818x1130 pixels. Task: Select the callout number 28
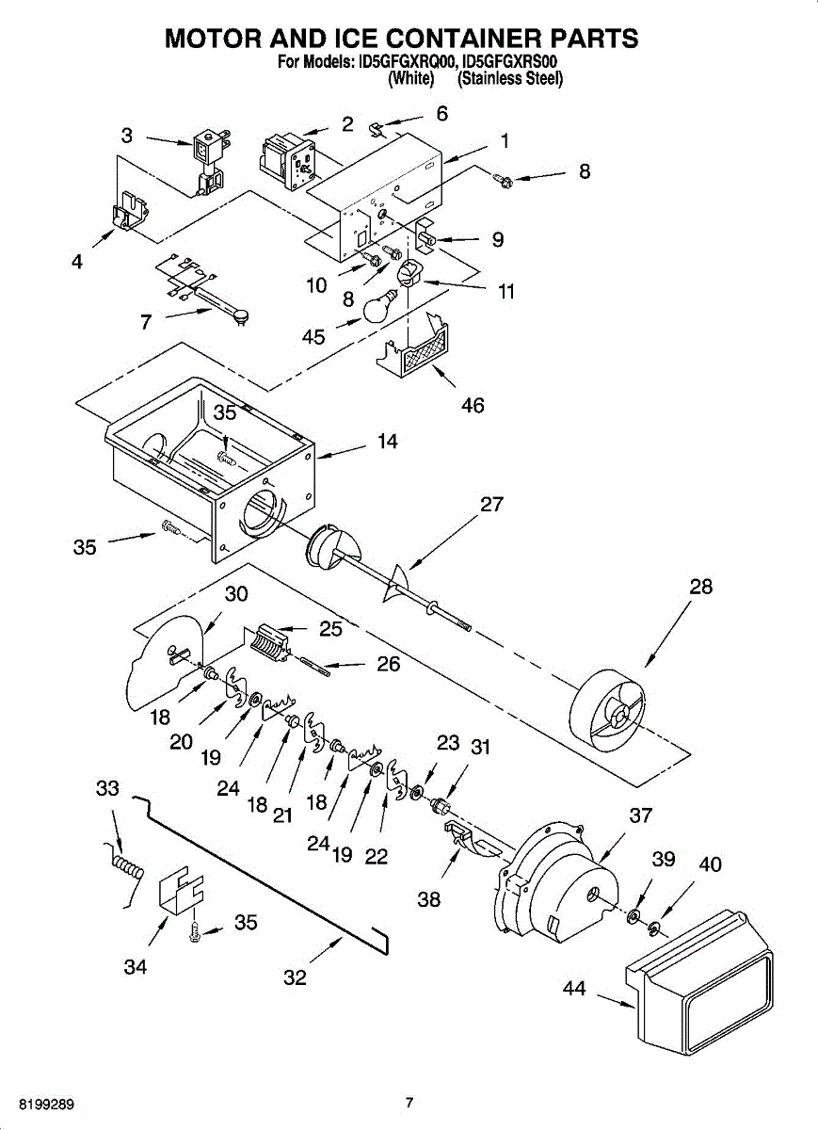700,587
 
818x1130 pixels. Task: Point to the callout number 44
574,989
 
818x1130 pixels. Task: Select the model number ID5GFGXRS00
512,63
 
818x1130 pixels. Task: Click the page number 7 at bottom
409,1103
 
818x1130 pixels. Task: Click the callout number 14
388,441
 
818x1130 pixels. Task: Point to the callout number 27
491,505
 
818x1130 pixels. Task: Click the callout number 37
641,815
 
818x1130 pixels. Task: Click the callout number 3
127,136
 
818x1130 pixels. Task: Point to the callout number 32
295,978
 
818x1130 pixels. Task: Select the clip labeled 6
377,126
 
